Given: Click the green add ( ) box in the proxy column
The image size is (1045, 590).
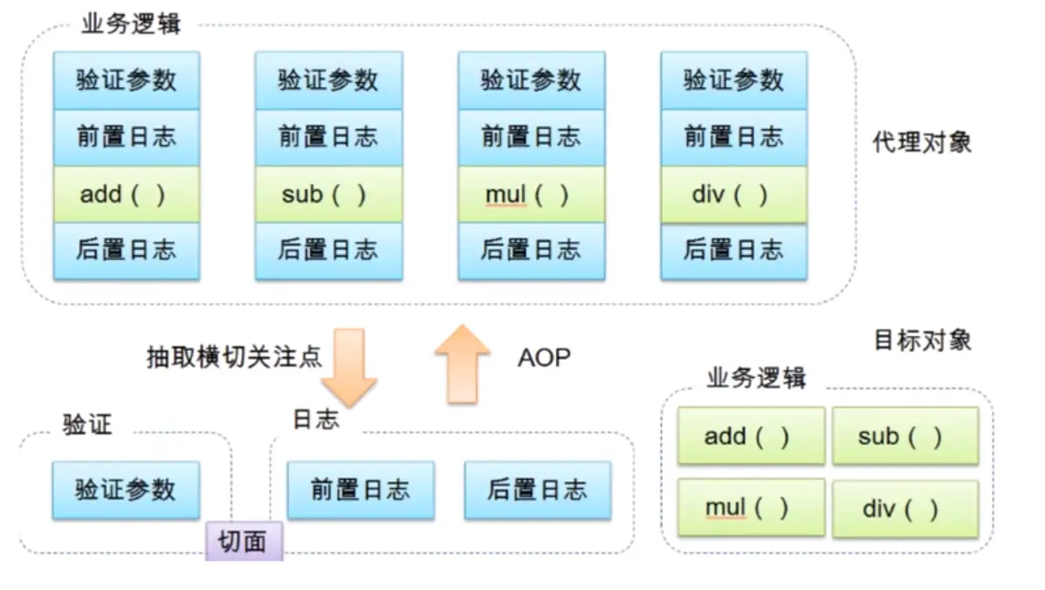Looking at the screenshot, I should [127, 194].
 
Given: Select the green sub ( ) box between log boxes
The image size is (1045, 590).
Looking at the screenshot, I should [328, 194].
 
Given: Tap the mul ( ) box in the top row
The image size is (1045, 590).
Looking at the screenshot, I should [531, 194].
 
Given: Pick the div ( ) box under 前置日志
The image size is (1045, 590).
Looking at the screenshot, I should [733, 194].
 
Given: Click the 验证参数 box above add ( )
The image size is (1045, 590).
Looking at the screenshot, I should [127, 80].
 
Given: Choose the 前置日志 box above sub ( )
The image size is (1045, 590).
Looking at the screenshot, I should [328, 137].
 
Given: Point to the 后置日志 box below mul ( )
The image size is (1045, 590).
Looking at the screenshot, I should [531, 250].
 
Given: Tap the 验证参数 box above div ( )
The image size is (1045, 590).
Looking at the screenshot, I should [733, 80].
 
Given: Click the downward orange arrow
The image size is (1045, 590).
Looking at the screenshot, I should [348, 367].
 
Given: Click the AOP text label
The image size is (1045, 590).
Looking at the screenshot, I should [544, 358].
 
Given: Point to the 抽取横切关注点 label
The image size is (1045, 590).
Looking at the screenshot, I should [234, 357].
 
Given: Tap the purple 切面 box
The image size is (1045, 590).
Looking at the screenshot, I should [244, 542].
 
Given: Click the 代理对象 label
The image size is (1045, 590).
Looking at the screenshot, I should [922, 142].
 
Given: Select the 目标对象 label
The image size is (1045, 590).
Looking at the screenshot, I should [922, 340].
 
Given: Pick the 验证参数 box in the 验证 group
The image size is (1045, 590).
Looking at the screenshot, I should [126, 491].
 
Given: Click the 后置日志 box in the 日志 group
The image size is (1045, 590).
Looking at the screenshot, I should [537, 491].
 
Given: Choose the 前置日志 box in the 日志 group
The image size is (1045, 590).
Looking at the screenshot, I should [361, 491].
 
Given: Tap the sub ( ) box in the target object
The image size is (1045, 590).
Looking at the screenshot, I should [904, 436].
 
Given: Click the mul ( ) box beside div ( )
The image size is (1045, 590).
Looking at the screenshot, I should [751, 508].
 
